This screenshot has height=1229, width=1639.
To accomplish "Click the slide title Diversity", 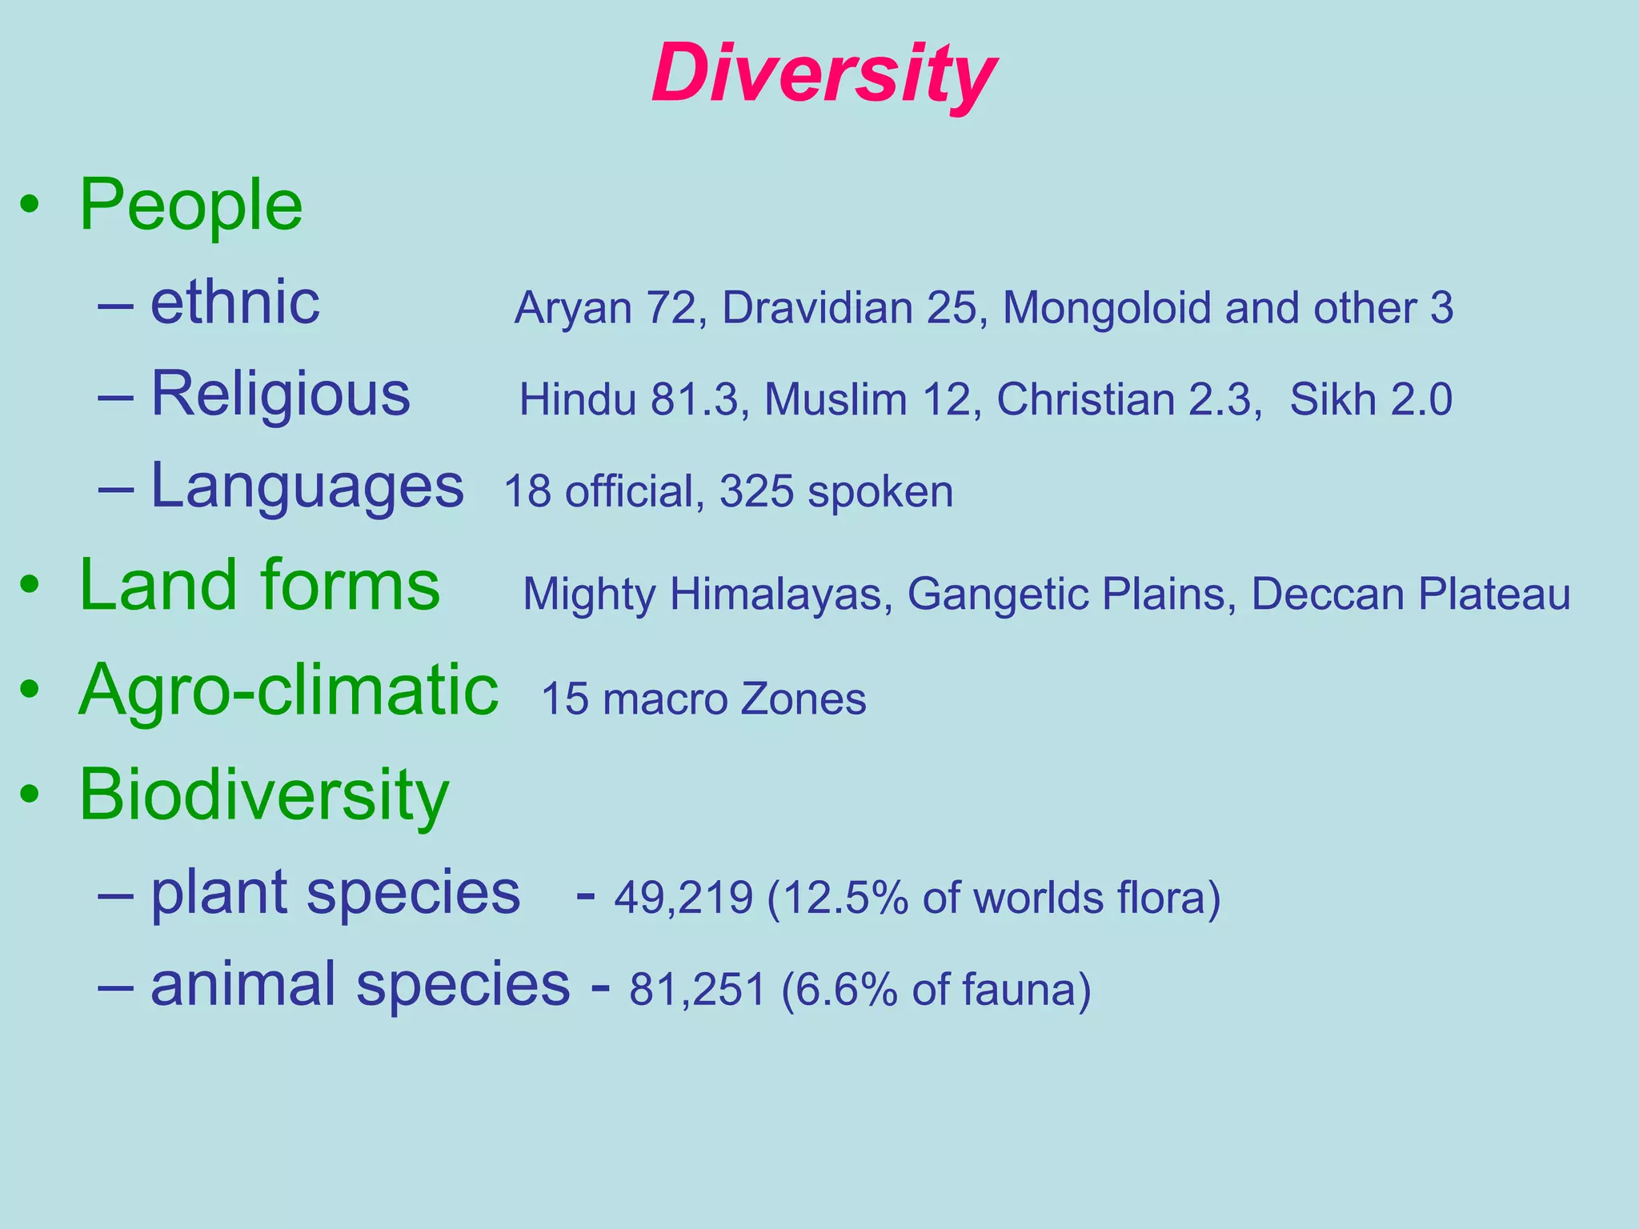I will (824, 74).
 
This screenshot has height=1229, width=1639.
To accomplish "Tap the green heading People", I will (190, 206).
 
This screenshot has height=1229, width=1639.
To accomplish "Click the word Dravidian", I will (817, 308).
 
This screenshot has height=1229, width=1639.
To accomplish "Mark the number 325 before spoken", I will (755, 491).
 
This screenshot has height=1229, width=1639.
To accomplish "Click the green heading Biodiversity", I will (263, 795).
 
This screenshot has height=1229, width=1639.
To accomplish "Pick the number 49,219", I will (683, 898).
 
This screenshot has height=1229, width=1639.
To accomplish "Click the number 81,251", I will (697, 990).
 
